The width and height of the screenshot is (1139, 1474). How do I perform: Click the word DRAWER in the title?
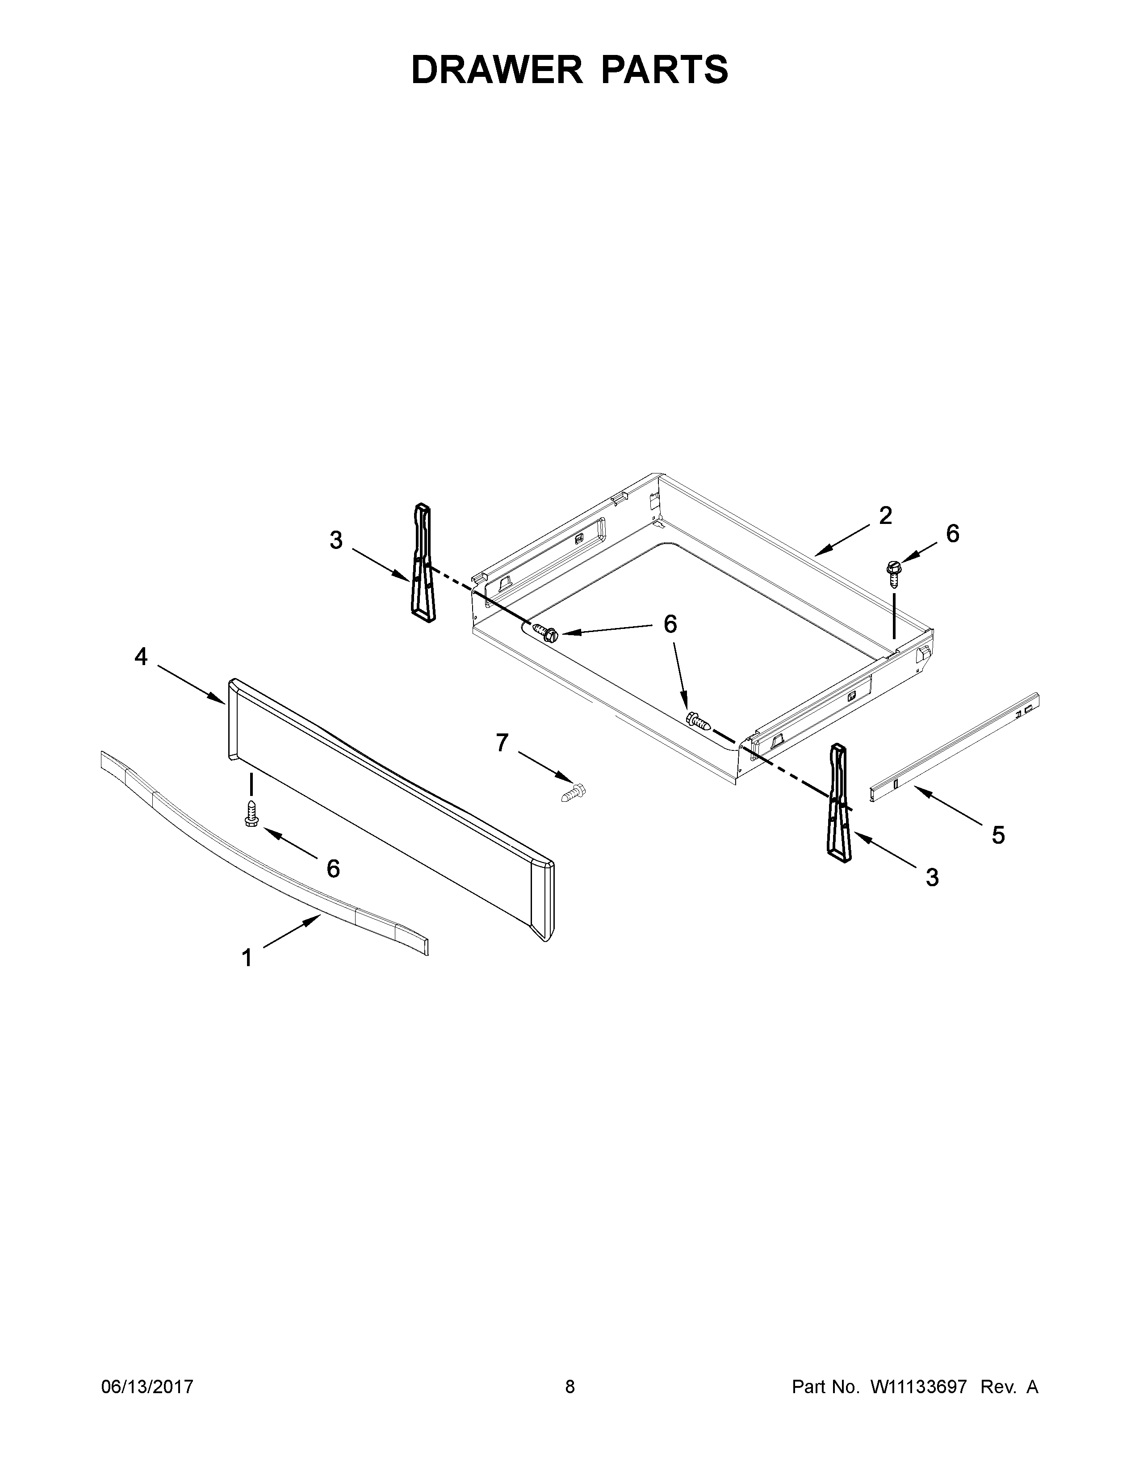(497, 70)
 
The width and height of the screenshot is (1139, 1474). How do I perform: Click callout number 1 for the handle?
(247, 958)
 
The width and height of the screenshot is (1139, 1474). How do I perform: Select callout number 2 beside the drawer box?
(885, 515)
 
